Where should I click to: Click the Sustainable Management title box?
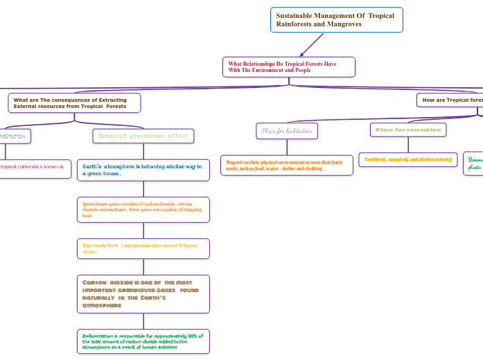pyautogui.click(x=336, y=19)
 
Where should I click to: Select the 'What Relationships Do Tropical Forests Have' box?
pyautogui.click(x=288, y=66)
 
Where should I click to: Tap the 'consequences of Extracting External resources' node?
pyautogui.click(x=74, y=103)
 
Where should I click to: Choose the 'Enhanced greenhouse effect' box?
pyautogui.click(x=143, y=136)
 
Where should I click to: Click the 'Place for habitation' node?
pyautogui.click(x=287, y=130)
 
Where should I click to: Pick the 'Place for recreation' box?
pyautogui.click(x=407, y=129)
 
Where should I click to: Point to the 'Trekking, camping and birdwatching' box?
pyautogui.click(x=407, y=159)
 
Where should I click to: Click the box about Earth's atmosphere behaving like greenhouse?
pyautogui.click(x=143, y=170)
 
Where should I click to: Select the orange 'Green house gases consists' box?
pyautogui.click(x=143, y=209)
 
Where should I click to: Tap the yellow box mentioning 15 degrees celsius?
pyautogui.click(x=143, y=248)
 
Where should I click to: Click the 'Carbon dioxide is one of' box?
pyautogui.click(x=143, y=294)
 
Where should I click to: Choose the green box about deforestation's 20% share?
pyautogui.click(x=143, y=341)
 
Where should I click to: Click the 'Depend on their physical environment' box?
pyautogui.click(x=286, y=165)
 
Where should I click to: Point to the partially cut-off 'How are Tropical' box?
pyautogui.click(x=450, y=100)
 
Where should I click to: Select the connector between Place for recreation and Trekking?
pyautogui.click(x=407, y=145)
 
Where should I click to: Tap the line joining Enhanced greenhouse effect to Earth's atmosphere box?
pyautogui.click(x=143, y=151)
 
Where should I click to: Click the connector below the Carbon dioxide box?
pyautogui.click(x=143, y=321)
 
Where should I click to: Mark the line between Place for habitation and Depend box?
pyautogui.click(x=287, y=146)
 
